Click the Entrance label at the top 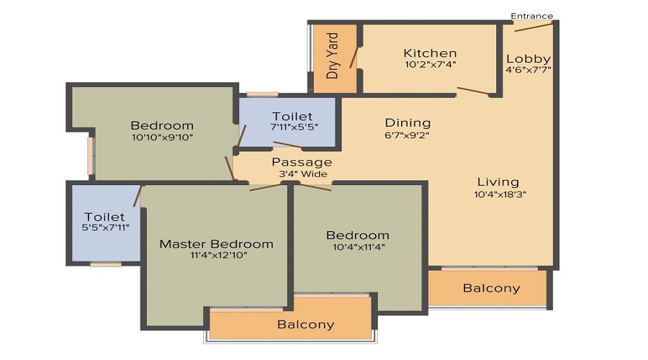point(531,16)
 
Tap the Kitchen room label point(430,53)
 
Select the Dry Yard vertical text point(332,55)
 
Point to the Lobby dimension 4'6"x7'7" point(528,69)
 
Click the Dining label point(408,122)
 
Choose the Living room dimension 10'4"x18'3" point(500,194)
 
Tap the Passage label point(302,162)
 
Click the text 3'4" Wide point(303,174)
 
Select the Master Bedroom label point(216,244)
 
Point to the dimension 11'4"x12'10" point(219,255)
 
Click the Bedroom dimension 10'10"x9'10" point(163,138)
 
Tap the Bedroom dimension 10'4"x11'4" point(359,247)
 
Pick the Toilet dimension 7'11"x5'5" point(294,127)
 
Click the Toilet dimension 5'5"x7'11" point(106,228)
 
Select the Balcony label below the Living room point(491,288)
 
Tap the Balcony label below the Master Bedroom point(305,325)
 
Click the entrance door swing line point(533,27)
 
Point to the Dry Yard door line point(354,57)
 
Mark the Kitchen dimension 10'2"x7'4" point(431,65)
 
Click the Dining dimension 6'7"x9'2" point(407,135)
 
